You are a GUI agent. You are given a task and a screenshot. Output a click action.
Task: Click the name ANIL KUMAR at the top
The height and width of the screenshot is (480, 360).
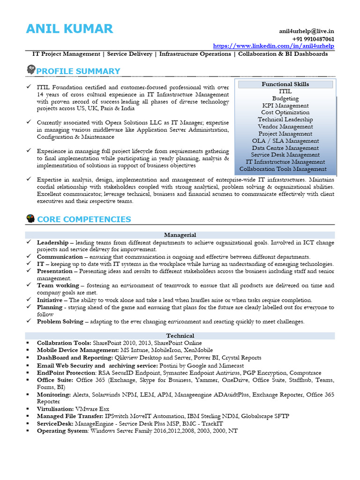coord(69,29)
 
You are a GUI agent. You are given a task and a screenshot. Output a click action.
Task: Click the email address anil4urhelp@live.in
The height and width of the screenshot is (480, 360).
coord(307,31)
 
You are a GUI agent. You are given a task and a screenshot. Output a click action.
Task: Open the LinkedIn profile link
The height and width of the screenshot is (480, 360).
coord(274,46)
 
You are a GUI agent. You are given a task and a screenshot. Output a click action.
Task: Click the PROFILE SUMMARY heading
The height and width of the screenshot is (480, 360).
coord(78,71)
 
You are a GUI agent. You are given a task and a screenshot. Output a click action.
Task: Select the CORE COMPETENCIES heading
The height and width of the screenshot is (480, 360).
coord(84,219)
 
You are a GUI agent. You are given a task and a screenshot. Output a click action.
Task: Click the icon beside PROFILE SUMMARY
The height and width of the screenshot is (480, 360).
coord(31,70)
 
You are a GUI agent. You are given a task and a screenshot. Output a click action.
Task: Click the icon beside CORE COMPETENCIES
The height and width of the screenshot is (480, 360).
coord(31,218)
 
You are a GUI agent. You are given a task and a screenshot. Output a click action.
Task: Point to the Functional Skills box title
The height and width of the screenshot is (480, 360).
coord(285,84)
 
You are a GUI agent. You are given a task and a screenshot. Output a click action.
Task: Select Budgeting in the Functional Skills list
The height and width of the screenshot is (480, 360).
coord(285,98)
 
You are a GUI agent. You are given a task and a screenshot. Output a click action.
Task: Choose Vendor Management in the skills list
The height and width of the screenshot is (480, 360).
coord(285,127)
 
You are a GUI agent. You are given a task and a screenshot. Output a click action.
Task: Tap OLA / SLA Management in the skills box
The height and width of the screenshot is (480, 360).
coord(285,141)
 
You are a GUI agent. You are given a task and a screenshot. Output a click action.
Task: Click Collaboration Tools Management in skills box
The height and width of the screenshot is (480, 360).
coord(283,169)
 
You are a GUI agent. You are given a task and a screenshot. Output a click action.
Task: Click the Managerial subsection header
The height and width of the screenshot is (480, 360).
coord(180,235)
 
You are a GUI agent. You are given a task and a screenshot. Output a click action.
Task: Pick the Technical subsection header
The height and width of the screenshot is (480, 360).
coord(180,336)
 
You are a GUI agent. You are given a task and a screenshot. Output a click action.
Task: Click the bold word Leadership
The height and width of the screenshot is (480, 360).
coord(52,242)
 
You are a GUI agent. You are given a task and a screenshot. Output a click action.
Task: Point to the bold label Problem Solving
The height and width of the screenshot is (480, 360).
coord(60,322)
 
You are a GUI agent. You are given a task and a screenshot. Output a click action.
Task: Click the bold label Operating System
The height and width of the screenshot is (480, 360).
coord(62,430)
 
